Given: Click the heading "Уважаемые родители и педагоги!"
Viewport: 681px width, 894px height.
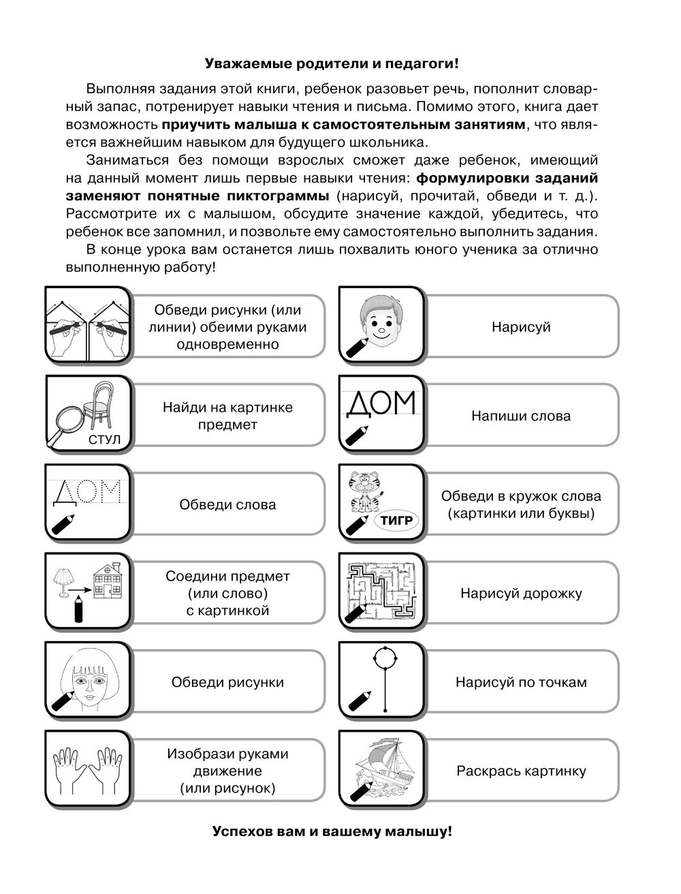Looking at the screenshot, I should (332, 64).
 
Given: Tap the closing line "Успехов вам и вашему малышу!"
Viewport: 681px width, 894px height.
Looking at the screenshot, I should (332, 832).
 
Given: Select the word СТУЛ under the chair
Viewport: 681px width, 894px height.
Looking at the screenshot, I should (104, 440).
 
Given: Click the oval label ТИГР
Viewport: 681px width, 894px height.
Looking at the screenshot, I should (394, 521).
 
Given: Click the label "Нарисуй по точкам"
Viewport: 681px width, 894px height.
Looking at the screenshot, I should (521, 682).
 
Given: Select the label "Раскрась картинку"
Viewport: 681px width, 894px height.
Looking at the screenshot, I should (521, 771).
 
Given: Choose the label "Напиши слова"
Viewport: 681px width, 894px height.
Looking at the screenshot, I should (521, 416).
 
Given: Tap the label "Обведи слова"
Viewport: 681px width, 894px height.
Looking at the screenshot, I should (227, 505).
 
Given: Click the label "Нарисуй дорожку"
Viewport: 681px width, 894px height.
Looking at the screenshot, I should (521, 594).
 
